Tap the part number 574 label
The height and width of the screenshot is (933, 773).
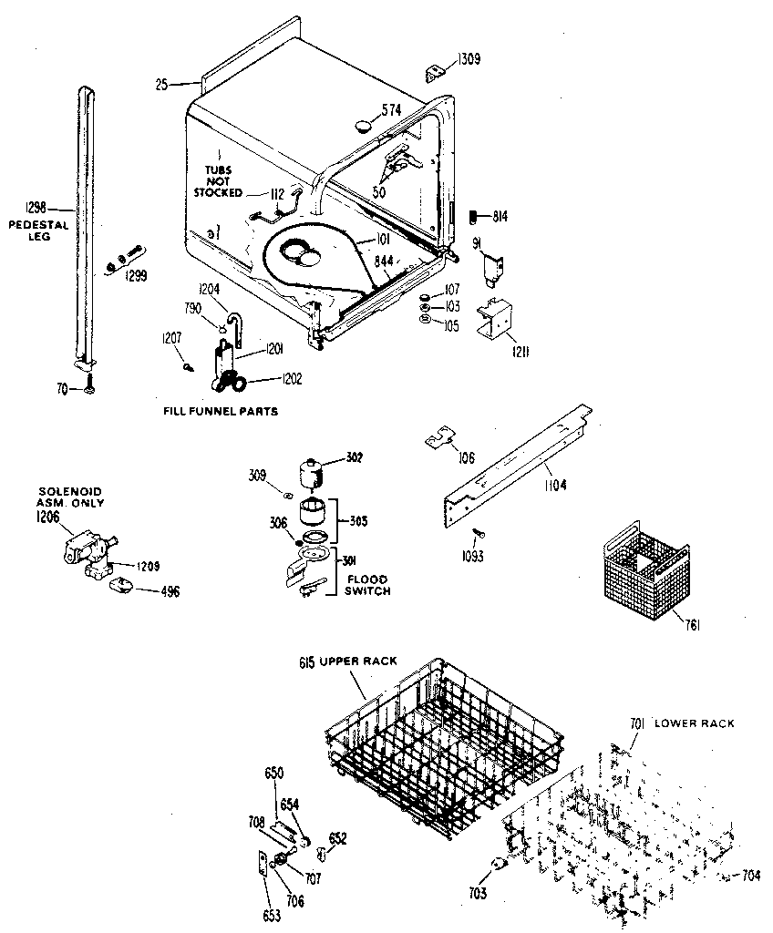click(x=391, y=111)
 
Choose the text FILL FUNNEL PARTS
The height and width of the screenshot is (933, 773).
click(x=219, y=412)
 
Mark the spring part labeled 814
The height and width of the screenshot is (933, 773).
click(x=474, y=217)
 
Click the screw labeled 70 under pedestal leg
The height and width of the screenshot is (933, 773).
click(x=89, y=390)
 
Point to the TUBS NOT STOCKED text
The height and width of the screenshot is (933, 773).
click(x=218, y=180)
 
